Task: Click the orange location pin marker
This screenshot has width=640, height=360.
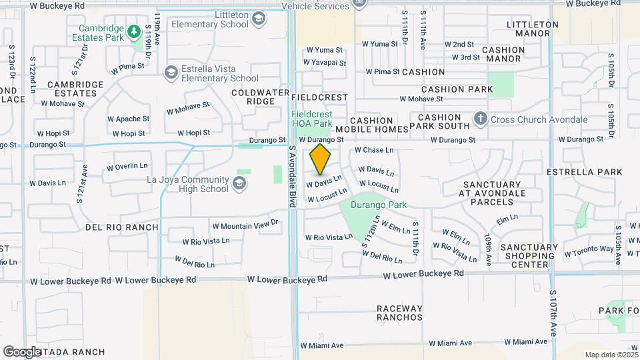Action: [x=321, y=159]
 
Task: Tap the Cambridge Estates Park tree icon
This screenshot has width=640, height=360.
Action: [x=133, y=31]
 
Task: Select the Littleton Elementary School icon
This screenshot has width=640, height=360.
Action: [x=258, y=19]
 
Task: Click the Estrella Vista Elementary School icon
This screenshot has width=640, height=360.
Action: [x=171, y=71]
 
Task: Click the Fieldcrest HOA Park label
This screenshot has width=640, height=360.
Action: [x=311, y=119]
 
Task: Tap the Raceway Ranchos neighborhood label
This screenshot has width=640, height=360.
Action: [x=399, y=313]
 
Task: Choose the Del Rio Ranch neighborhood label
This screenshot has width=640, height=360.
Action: [x=122, y=227]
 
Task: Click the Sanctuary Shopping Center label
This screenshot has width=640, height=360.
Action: [x=529, y=256]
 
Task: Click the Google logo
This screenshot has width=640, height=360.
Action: [x=22, y=351]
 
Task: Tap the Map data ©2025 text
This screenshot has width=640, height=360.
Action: [x=610, y=355]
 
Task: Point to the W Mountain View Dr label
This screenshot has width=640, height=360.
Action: [x=244, y=226]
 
